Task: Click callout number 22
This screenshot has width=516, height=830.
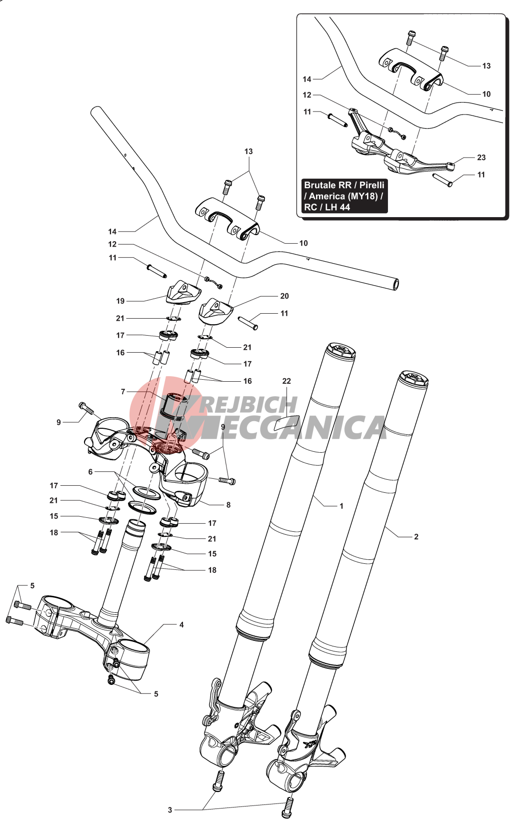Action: (286, 381)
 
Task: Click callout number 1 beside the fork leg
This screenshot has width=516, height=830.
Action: (341, 506)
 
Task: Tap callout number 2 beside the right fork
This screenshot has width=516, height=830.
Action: (416, 537)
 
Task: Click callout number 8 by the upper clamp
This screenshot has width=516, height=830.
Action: (228, 505)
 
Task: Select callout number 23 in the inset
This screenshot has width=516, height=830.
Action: (481, 158)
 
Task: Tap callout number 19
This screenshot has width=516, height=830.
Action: (120, 301)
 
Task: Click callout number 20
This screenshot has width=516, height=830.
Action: (284, 296)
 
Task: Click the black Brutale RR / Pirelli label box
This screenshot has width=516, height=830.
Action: (344, 196)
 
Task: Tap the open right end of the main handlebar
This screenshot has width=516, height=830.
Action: (395, 285)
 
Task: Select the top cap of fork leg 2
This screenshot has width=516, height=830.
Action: (413, 379)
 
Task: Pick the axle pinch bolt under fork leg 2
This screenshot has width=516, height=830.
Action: (287, 807)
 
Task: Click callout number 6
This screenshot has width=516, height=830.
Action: (90, 472)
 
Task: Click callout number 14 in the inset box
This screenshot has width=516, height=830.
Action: (307, 79)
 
